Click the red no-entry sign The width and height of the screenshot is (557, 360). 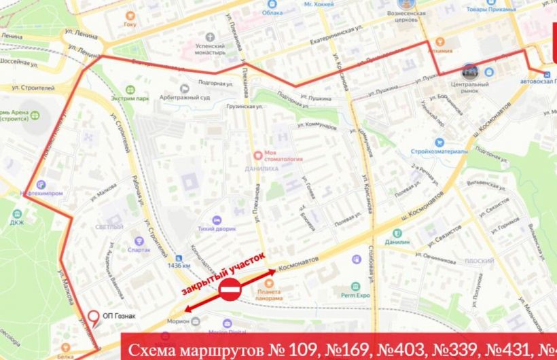pos(230,293)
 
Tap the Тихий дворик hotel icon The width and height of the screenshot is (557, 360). pos(216,220)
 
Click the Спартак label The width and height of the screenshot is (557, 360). pos(139,250)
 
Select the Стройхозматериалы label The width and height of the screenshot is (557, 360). pos(438,151)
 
